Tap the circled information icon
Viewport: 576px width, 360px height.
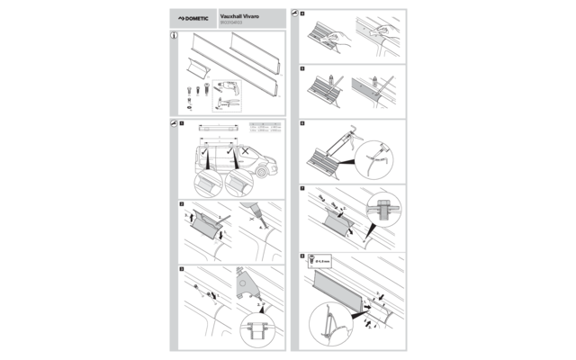pos(174,37)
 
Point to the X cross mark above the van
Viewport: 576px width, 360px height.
pos(244,148)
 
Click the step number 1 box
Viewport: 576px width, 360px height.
pos(181,122)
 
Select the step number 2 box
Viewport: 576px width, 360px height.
pos(181,205)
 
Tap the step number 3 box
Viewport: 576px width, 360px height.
pos(181,269)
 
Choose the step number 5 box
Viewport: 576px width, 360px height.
pos(303,68)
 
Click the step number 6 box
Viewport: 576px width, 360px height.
pos(303,123)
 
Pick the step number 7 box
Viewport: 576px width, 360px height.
pos(303,190)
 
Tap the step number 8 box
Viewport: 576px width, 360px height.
pos(303,256)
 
